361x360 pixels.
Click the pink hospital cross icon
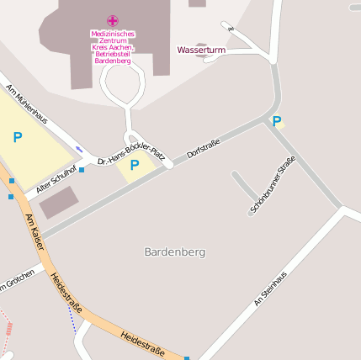(113, 20)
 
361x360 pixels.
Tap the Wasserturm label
(201, 50)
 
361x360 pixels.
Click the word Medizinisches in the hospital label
(113, 34)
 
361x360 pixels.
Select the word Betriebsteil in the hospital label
(113, 55)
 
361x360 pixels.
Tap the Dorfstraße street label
(204, 149)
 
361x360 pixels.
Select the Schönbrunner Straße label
(273, 183)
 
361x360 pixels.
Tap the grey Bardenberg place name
(175, 252)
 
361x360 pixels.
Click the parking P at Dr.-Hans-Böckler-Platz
(135, 166)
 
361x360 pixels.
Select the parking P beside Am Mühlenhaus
(18, 136)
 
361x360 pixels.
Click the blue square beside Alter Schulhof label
(82, 170)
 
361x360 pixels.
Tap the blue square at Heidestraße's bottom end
(187, 358)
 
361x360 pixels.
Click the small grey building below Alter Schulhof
(59, 203)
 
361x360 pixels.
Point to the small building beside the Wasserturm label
(200, 44)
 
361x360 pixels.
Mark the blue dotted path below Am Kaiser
(72, 317)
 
